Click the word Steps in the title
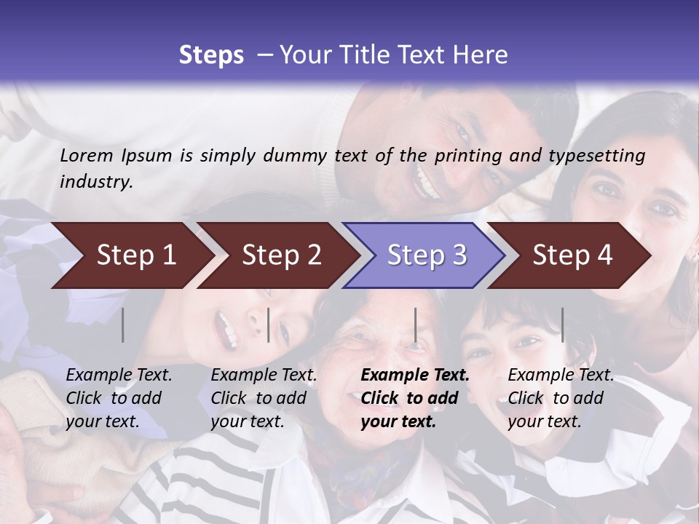tap(211, 55)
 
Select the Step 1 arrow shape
tap(131, 255)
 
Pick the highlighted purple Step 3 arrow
tap(426, 255)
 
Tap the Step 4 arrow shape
tap(572, 255)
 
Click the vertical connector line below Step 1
tap(123, 325)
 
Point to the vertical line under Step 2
tap(269, 325)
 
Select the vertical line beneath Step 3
tap(415, 325)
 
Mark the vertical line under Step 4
tap(562, 325)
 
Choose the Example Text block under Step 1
tap(119, 398)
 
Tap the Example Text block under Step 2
tap(264, 398)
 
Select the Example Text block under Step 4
tap(561, 398)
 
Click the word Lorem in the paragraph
tap(87, 155)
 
